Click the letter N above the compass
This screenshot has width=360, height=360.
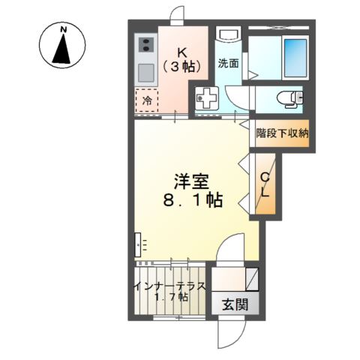pyautogui.click(x=65, y=29)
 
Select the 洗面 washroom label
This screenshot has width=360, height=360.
pyautogui.click(x=228, y=63)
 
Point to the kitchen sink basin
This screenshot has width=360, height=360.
pyautogui.click(x=145, y=72)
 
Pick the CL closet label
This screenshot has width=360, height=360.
pyautogui.click(x=265, y=186)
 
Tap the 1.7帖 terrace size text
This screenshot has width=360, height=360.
pyautogui.click(x=169, y=298)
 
